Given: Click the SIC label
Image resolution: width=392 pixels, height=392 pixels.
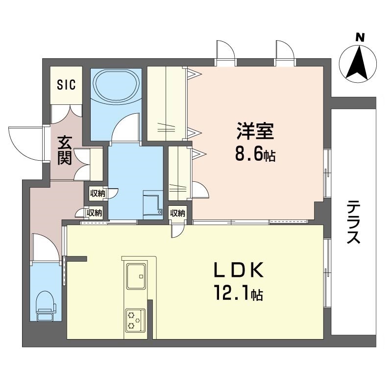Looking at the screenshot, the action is pos(66,84).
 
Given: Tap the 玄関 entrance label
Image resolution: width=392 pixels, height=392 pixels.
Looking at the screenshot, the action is pos(65,150).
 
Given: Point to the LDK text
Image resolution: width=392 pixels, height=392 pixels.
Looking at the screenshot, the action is pos(239,270).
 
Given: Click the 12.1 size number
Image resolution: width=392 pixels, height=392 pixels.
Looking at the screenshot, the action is pos(231,294).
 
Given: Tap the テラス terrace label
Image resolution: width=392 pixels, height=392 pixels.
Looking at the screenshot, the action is pos(354,222).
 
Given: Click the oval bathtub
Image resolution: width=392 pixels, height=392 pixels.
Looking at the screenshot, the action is pos(115,86).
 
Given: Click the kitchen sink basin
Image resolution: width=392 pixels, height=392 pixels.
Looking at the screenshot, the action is pos(136,276).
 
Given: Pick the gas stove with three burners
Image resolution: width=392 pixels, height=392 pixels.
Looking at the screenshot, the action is pos(135,321).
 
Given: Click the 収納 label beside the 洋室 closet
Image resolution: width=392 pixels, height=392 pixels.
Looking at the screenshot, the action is pos(177,213).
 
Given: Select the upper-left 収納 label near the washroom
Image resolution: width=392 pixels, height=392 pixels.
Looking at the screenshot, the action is pos(98,193).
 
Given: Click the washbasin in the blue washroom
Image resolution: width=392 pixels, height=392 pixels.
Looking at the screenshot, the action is pos(152,203).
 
